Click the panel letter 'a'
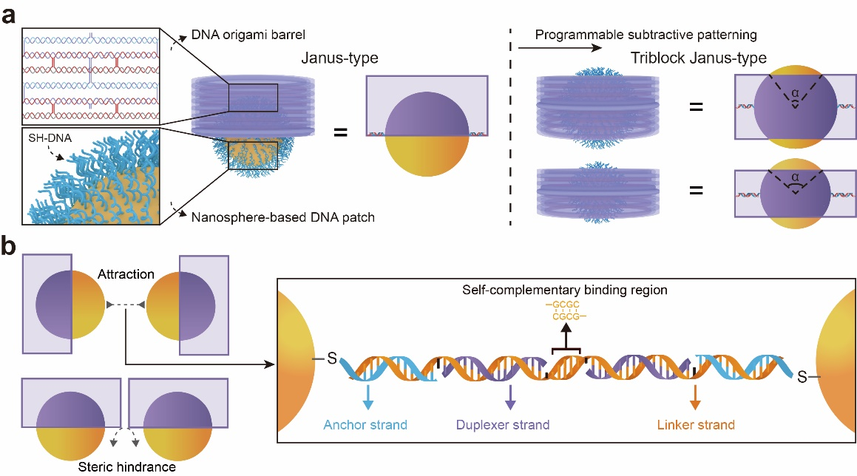[10, 14]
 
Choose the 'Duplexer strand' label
[509, 425]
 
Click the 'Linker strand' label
[695, 425]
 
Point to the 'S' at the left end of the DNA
[332, 359]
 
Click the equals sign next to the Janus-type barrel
[342, 134]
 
